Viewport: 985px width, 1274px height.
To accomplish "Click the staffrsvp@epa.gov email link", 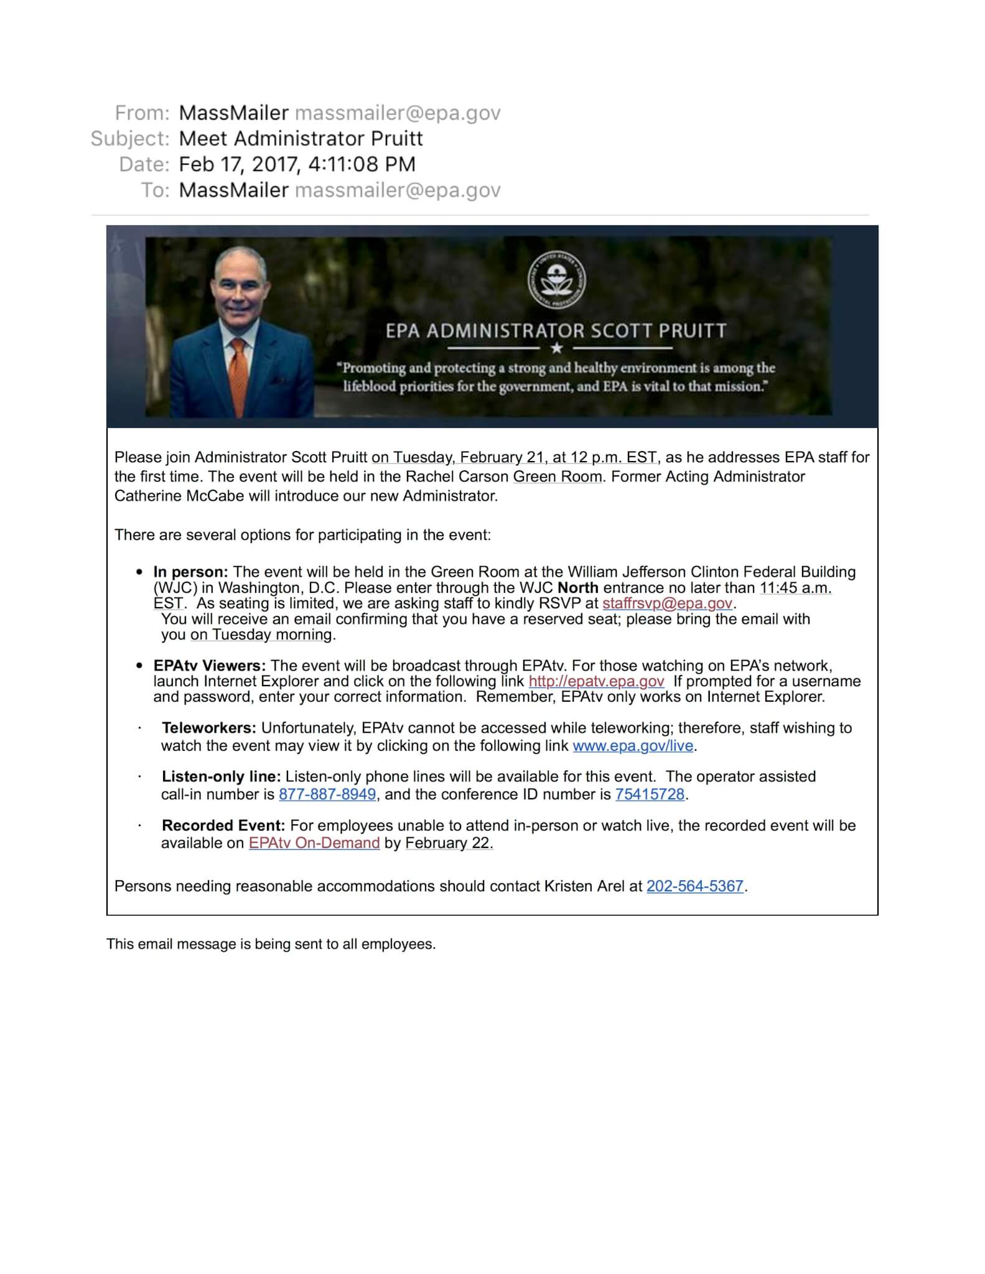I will [667, 603].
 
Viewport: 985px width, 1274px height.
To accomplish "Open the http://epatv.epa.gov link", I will [596, 681].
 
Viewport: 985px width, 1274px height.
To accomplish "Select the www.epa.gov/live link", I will [633, 746].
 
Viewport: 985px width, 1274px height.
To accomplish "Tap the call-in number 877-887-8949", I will [327, 794].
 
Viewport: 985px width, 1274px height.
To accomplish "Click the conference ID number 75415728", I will [650, 794].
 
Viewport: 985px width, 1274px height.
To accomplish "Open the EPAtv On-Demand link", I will [314, 843].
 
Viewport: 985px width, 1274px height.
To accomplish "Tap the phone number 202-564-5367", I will [695, 886].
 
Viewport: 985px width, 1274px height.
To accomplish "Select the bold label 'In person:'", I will [191, 572].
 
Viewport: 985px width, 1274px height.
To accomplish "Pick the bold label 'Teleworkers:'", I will [209, 728].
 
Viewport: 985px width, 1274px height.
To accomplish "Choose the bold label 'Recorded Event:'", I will [223, 825].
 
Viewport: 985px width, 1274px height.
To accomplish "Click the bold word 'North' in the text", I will [578, 588].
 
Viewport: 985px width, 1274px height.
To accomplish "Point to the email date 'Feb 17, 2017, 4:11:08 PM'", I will [297, 164].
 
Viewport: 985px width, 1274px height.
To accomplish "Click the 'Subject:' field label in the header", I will [130, 138].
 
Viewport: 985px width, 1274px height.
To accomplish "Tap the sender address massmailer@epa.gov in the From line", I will [398, 113].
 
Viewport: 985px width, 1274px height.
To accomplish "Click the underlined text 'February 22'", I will [448, 843].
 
